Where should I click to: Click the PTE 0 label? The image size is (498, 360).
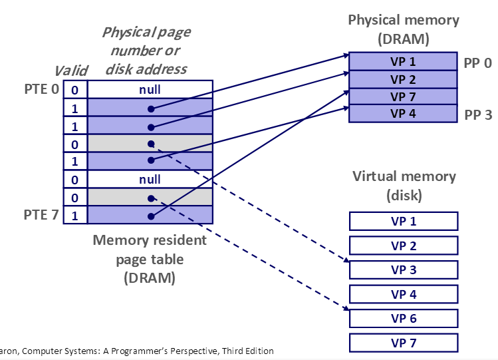(42, 89)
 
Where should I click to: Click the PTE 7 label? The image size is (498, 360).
(41, 215)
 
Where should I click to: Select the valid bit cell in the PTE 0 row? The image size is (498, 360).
(75, 90)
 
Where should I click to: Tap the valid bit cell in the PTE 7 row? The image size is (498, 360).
(75, 216)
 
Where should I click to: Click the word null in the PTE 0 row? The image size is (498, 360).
(150, 90)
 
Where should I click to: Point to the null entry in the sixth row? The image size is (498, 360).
(150, 180)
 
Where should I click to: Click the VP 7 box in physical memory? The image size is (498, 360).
(403, 96)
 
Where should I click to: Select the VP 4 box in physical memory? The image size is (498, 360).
(403, 113)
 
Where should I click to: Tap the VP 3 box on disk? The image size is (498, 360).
(404, 270)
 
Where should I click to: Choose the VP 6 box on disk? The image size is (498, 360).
(404, 318)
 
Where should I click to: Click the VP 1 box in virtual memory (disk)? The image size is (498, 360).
(404, 221)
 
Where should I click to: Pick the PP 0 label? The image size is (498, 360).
(477, 63)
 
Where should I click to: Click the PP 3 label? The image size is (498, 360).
(478, 114)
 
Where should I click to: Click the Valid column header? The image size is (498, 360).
(71, 71)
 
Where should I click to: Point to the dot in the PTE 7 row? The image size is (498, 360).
(151, 216)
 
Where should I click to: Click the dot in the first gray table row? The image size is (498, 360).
(151, 144)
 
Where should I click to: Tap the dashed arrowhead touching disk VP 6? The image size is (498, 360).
(346, 308)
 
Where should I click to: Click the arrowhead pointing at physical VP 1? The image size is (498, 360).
(346, 56)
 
